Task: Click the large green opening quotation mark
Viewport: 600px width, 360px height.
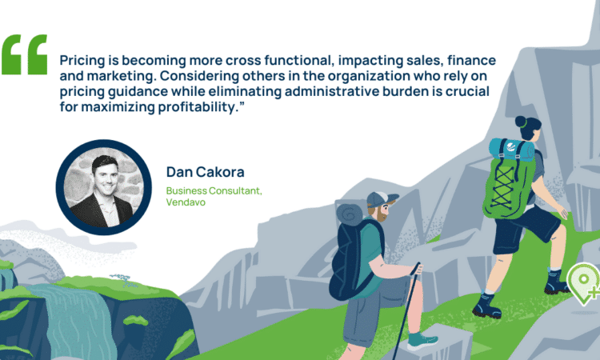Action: [x=25, y=54]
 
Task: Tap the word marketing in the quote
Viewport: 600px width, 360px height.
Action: [x=122, y=76]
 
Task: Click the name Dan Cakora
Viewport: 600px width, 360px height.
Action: [x=205, y=172]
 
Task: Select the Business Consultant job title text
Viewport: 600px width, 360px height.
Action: [x=214, y=190]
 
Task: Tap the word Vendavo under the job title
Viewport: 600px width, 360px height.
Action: [x=186, y=202]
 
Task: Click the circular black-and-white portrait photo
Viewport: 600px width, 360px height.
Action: [x=104, y=187]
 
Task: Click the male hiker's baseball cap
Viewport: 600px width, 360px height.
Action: [x=381, y=199]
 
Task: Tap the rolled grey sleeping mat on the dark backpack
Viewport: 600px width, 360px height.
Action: [x=349, y=214]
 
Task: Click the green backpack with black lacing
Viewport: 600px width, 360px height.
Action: [x=505, y=186]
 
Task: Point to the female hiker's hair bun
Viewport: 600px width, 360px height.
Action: [x=521, y=122]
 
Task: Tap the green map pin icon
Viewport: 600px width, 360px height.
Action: [x=583, y=284]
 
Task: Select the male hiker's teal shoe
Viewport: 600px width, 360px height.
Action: [x=422, y=341]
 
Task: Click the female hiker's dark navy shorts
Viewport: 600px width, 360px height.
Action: [x=524, y=230]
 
